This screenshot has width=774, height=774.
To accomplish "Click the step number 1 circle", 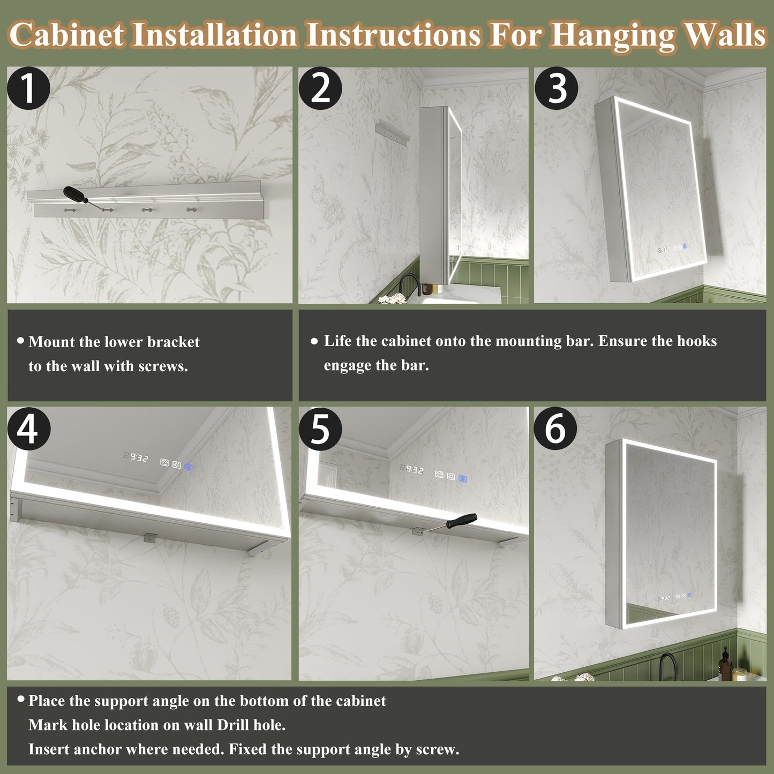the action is click(x=28, y=88).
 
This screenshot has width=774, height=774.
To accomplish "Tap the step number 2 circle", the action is click(x=320, y=88).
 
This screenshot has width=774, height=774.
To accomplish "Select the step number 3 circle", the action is click(x=556, y=88).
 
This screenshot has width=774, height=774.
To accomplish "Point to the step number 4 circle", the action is click(x=28, y=429).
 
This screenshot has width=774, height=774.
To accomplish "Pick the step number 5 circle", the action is click(x=320, y=429).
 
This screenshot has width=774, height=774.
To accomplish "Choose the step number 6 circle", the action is click(x=555, y=429).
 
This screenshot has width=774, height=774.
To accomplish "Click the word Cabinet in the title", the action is click(x=66, y=35).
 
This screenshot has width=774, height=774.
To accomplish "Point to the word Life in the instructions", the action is click(x=337, y=341).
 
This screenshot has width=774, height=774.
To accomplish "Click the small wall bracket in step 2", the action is click(x=392, y=132).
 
